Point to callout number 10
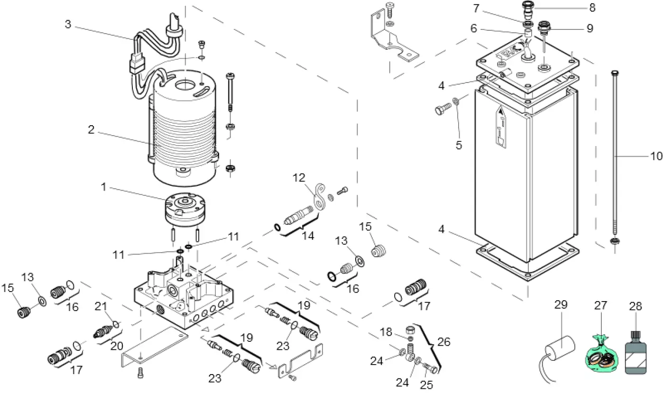[656, 156]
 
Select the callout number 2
[92, 130]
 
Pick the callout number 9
[590, 28]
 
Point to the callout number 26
[444, 342]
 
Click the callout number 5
[459, 145]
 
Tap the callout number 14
[309, 236]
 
